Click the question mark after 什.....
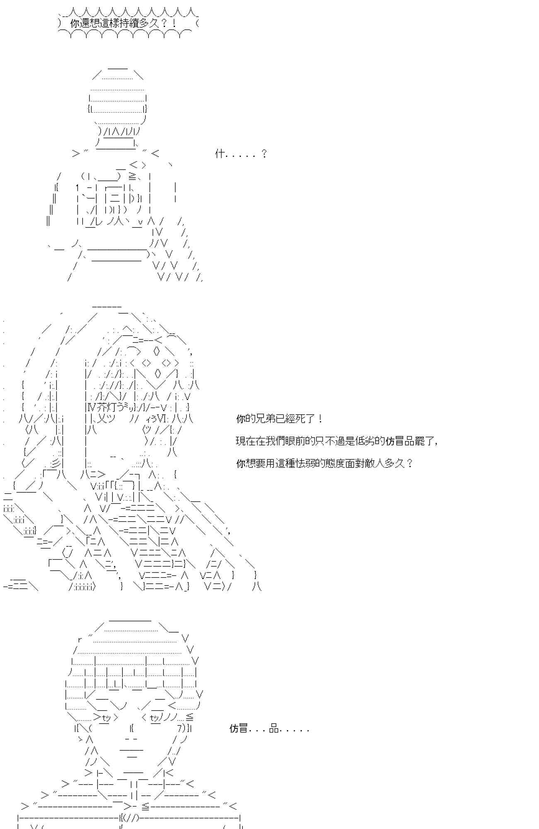click(x=264, y=154)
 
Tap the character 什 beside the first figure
click(x=220, y=154)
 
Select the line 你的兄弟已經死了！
click(x=279, y=419)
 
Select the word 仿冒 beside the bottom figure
click(x=239, y=728)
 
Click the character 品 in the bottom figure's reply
click(x=274, y=728)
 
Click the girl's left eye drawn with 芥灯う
click(x=104, y=407)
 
